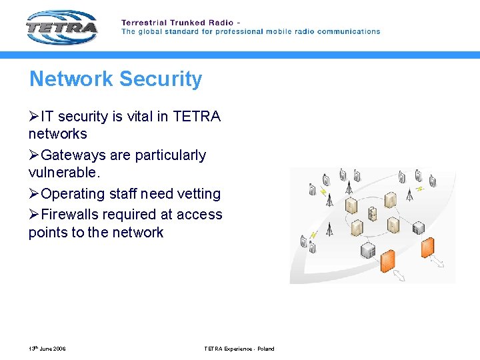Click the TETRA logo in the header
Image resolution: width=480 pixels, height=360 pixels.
[x=62, y=28]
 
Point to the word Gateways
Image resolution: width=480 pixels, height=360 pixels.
[x=73, y=155]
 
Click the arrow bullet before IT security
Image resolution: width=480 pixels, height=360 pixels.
[x=34, y=117]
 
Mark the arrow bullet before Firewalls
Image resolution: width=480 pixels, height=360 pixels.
[x=34, y=215]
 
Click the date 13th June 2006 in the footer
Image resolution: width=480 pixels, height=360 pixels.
[x=47, y=349]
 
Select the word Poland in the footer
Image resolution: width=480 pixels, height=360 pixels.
[x=265, y=349]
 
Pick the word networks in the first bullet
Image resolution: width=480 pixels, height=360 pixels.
[x=57, y=134]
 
